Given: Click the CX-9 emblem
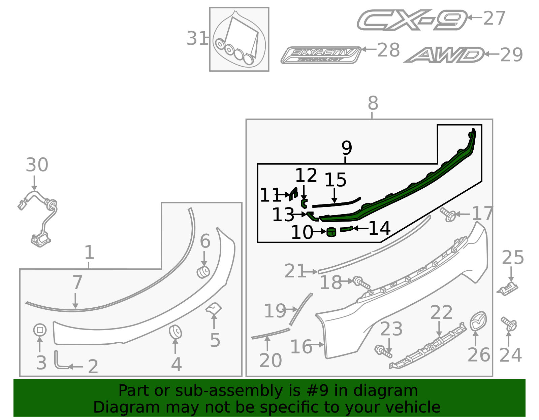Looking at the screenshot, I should coord(412,20).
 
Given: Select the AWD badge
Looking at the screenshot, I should coord(444,55).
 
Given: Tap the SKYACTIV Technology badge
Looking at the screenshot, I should coord(321,55).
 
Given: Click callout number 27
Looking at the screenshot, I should coord(494,18).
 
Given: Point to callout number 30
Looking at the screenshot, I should coord(37,165).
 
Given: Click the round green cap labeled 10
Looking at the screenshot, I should coord(331,232).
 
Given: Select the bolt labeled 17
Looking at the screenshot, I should coord(448,214).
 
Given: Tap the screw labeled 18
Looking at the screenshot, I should coord(361,282).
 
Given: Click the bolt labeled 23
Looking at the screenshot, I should coord(383,351).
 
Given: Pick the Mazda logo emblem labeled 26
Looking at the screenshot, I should coord(478,321).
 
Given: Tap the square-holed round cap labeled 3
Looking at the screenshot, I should coord(40,330).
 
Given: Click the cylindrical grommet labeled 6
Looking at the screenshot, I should coord(203,272).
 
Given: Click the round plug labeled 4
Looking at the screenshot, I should coord(175,332).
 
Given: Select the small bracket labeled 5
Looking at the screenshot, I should coord(214,308).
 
